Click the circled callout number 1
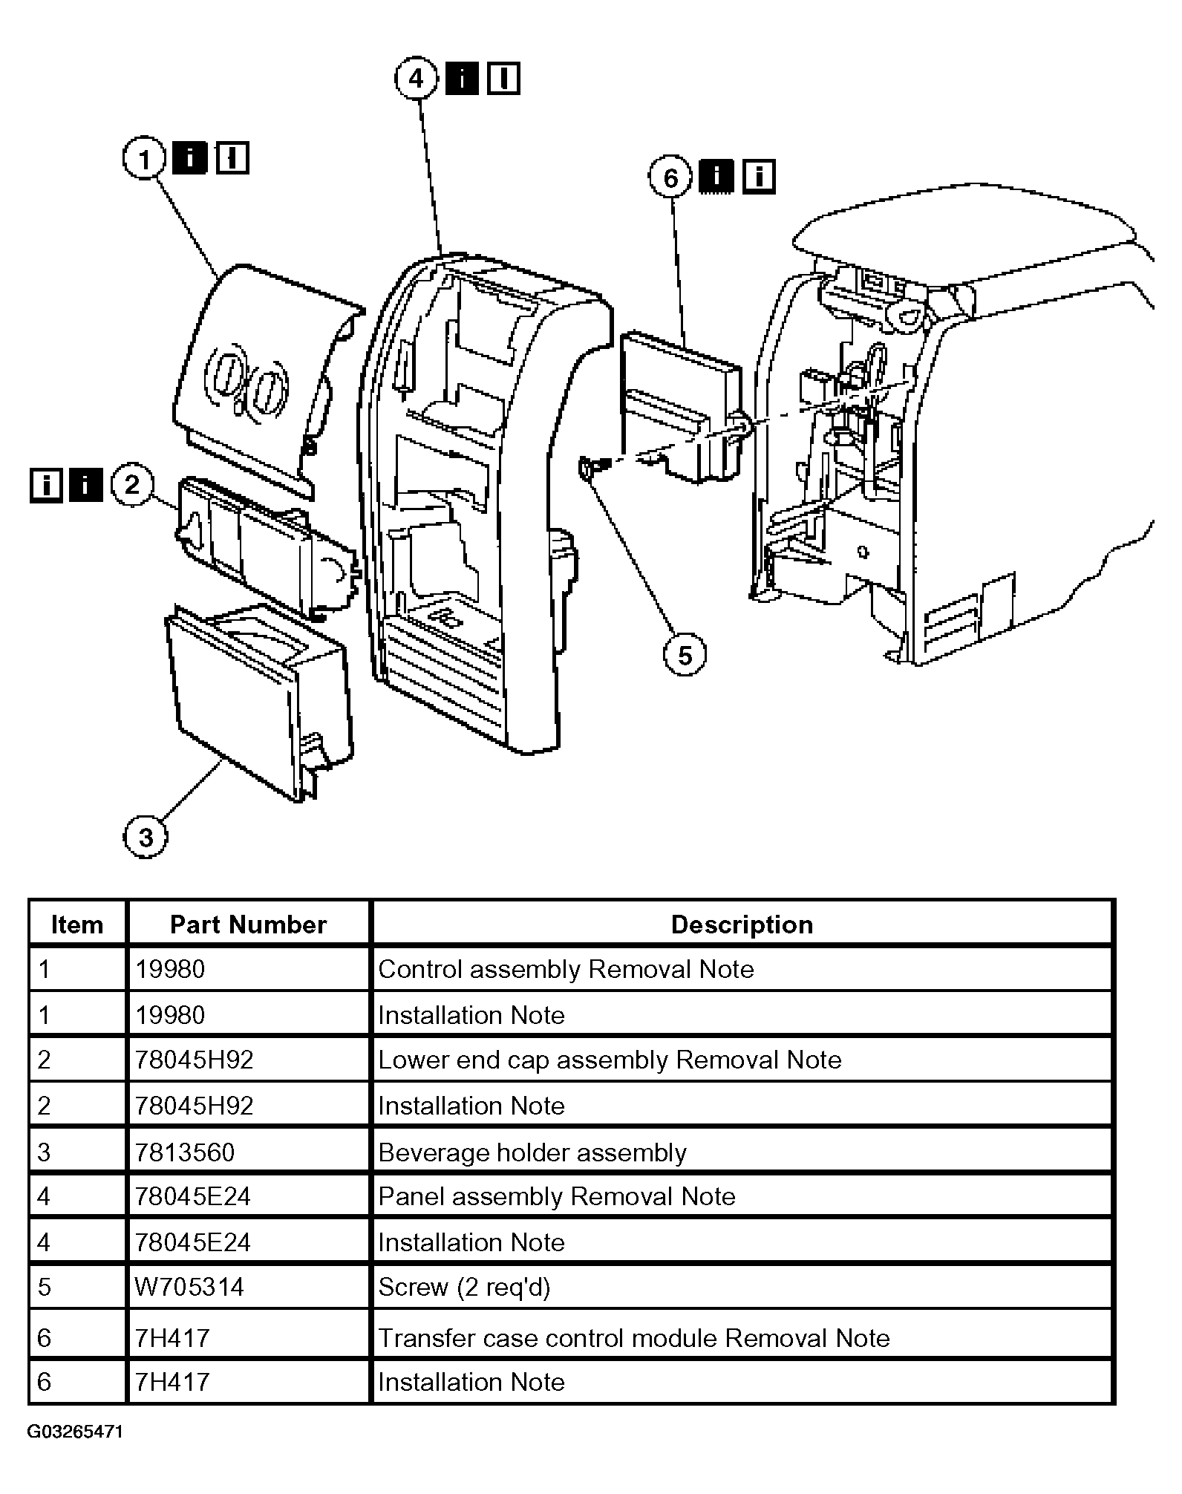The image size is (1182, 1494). (x=144, y=159)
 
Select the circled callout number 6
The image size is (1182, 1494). (x=670, y=177)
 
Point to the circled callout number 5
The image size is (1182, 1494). (x=684, y=655)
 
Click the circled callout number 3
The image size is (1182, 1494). (x=146, y=837)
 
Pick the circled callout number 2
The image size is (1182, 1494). (x=131, y=485)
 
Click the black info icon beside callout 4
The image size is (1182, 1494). (x=462, y=78)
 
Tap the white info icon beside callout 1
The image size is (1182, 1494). (x=232, y=158)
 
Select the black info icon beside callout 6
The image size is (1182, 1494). (x=716, y=177)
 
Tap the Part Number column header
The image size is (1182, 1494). (x=248, y=924)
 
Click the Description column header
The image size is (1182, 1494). (x=742, y=924)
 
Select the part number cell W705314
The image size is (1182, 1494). (x=189, y=1287)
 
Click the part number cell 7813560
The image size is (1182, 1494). (x=185, y=1152)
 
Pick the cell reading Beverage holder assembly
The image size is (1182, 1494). (x=532, y=1152)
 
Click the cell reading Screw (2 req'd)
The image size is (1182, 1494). (x=464, y=1287)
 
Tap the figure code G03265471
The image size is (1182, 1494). (x=75, y=1432)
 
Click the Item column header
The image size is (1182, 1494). (x=76, y=924)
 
